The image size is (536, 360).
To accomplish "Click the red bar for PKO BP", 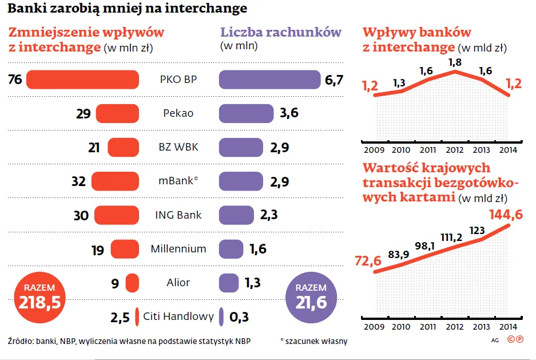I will [x=82, y=80].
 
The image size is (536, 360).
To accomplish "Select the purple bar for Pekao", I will [x=246, y=113].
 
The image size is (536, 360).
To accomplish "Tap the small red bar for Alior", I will [x=132, y=283].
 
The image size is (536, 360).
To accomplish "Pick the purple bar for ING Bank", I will [x=236, y=215].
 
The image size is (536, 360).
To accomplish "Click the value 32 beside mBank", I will [x=79, y=181].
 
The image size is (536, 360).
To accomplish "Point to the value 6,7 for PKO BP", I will [x=334, y=80].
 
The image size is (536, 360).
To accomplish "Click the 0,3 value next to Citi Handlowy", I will [x=239, y=317].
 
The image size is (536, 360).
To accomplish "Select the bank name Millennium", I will [x=178, y=249].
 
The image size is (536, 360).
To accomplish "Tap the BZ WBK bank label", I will [x=178, y=147].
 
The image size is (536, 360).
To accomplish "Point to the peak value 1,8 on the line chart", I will [x=455, y=62].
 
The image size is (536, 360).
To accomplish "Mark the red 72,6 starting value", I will [x=368, y=261].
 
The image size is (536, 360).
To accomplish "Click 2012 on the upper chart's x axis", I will [x=455, y=150].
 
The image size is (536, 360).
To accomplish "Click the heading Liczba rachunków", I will [x=280, y=32].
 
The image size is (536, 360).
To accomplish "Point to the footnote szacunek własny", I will [x=314, y=341].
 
